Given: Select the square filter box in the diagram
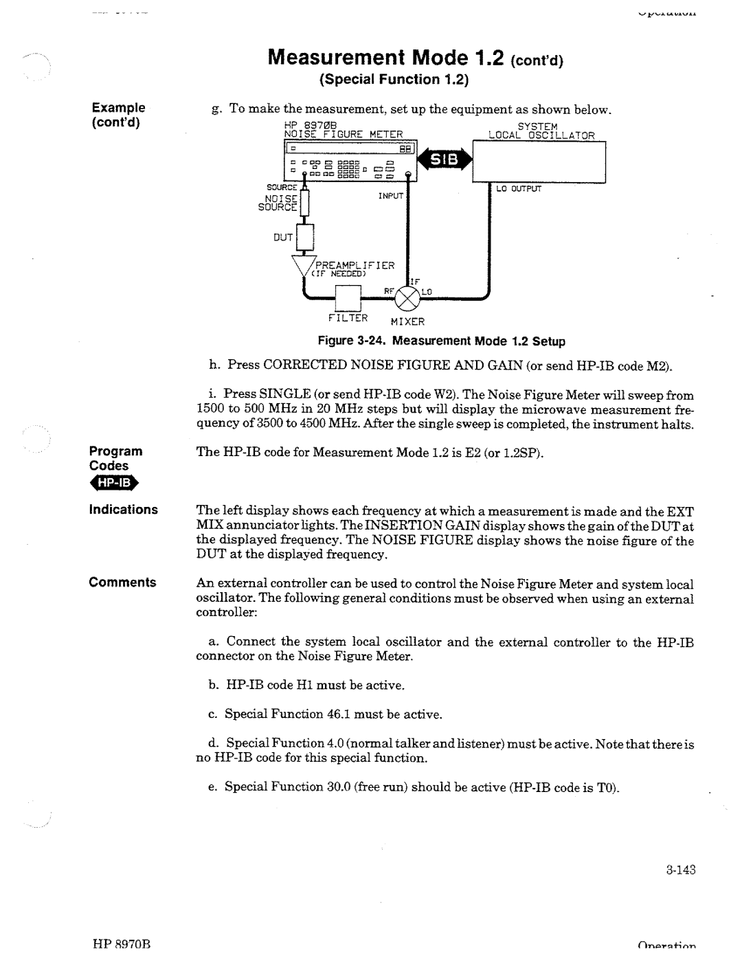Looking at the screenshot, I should point(348,297).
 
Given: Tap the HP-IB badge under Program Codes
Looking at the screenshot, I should point(114,484).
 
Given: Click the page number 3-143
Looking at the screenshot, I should point(680,869).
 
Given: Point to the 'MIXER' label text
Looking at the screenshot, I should point(408,321).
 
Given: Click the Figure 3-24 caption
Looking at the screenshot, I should point(440,341).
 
